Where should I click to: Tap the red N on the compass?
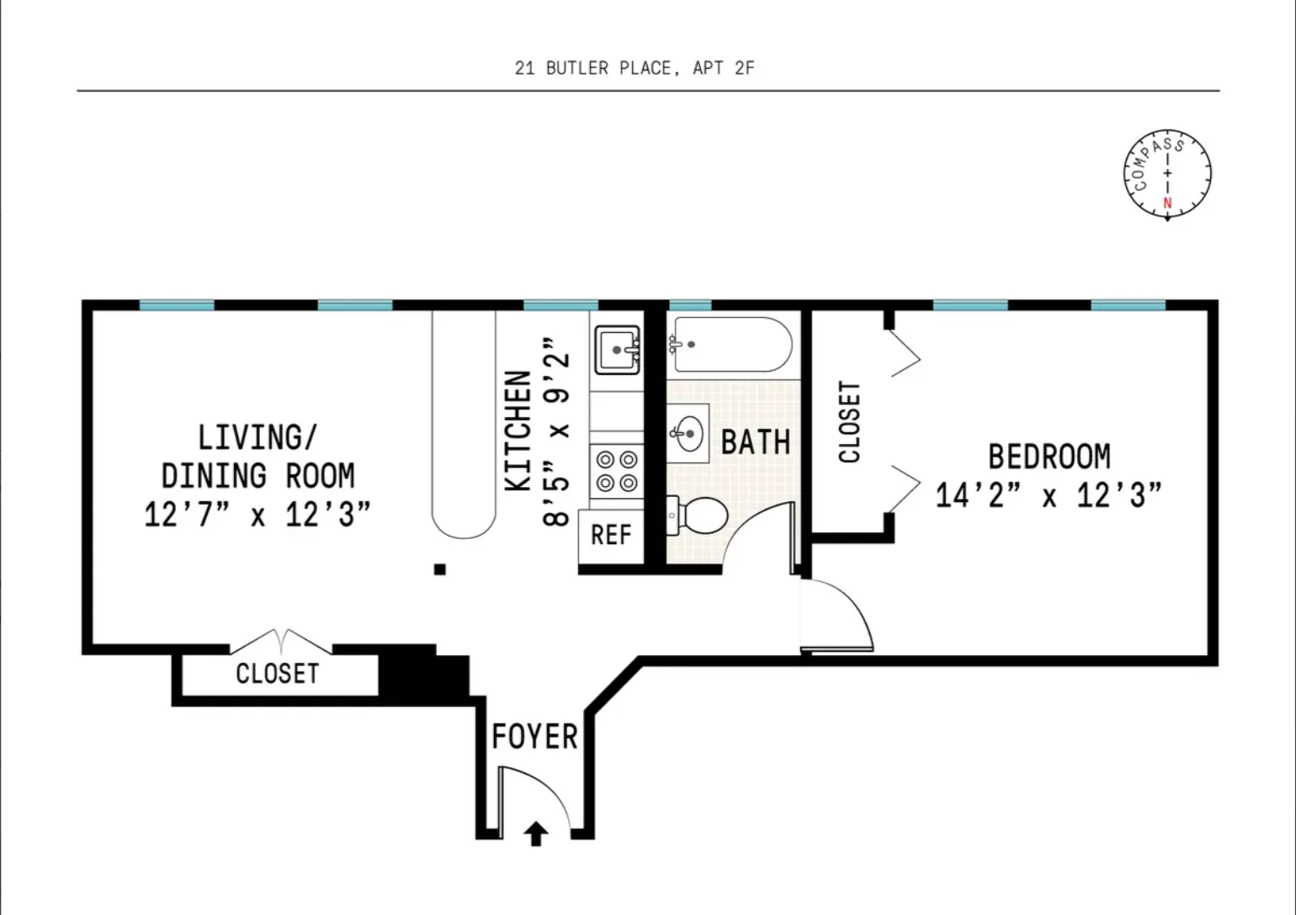click(1167, 203)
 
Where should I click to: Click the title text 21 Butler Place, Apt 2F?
click(635, 68)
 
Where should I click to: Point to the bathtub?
click(730, 345)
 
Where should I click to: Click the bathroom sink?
click(689, 433)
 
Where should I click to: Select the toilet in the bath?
click(699, 515)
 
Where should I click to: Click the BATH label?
click(756, 442)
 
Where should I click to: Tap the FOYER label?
click(534, 737)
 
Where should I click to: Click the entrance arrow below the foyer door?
click(536, 833)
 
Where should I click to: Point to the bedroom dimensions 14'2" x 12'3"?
click(1049, 495)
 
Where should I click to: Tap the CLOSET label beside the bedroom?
click(850, 422)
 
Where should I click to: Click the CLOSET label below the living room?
click(277, 674)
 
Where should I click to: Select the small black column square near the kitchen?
click(439, 569)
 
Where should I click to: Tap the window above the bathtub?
click(690, 305)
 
